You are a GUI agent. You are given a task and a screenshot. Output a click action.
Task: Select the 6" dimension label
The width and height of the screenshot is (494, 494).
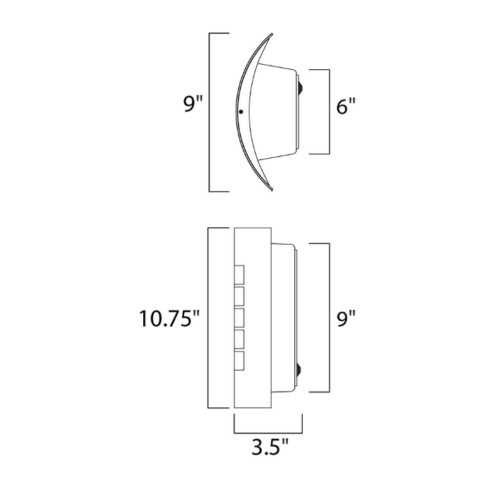[x=345, y=107]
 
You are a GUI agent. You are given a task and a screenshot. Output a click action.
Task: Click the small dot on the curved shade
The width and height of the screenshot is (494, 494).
[x=241, y=112]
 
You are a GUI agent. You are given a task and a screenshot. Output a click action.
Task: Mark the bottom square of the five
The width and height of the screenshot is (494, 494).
[x=239, y=361]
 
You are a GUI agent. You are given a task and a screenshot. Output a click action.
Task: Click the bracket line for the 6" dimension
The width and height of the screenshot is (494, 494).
[x=329, y=112]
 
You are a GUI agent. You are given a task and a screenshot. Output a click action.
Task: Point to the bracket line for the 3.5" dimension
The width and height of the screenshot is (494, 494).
[x=268, y=432]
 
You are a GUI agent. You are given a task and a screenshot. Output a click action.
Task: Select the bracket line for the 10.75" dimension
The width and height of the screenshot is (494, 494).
[x=208, y=318]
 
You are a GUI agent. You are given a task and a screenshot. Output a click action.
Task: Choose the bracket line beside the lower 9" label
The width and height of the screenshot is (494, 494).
[x=330, y=318]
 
